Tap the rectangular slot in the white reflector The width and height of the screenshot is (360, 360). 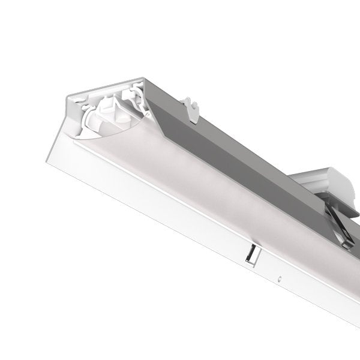(x=250, y=255)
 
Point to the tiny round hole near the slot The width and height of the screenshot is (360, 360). (x=280, y=278)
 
